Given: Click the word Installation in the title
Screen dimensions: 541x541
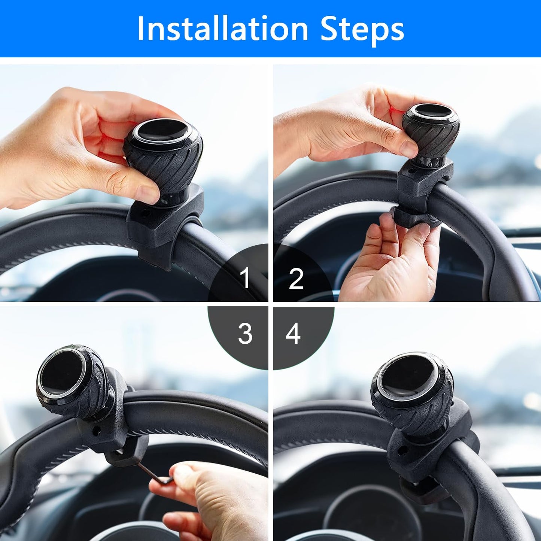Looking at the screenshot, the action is coord(223,29).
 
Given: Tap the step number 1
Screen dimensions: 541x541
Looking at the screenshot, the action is coord(246,278).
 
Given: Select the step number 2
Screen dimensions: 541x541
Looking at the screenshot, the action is coord(296,279).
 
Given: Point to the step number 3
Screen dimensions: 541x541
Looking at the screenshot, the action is coord(245,334).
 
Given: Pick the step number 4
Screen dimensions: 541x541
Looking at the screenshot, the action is coord(293,334).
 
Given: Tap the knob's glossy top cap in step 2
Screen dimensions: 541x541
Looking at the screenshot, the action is coord(431,116).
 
